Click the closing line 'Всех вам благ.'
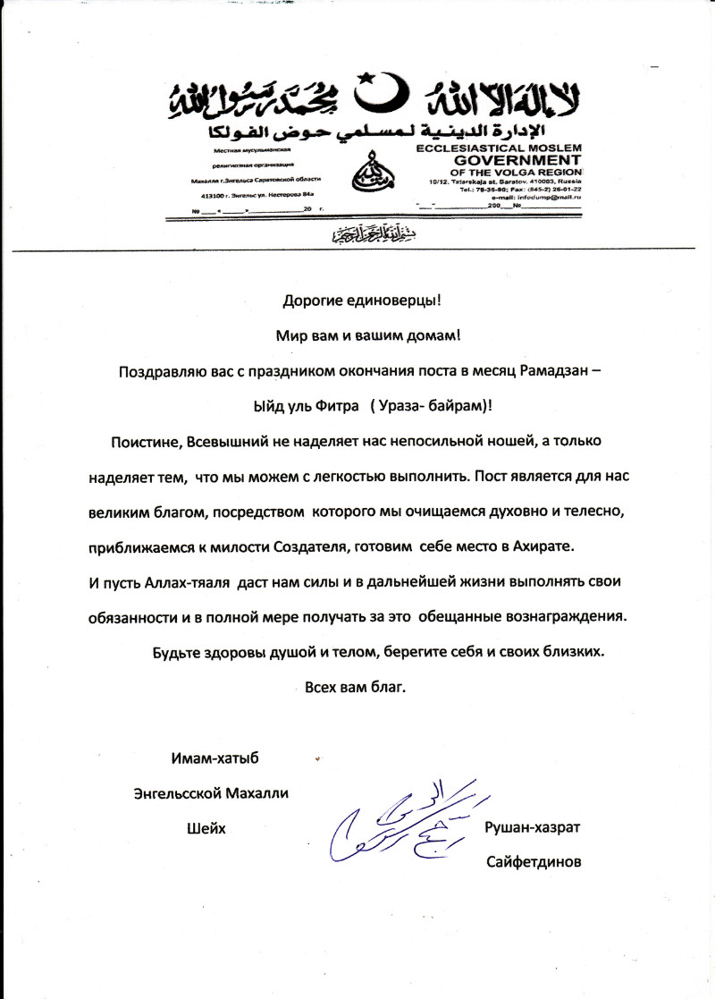(355, 688)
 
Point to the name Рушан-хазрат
(532, 827)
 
